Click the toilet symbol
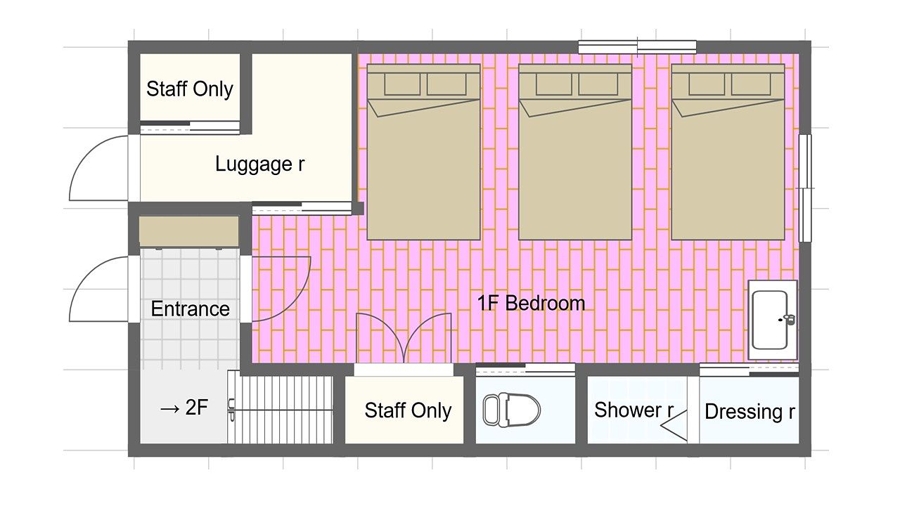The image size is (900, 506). tap(511, 410)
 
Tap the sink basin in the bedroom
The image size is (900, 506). tap(769, 320)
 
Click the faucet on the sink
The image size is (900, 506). tap(788, 319)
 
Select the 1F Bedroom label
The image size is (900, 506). tap(531, 303)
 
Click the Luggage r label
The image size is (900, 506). tap(260, 164)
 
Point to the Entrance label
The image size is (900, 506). tap(190, 309)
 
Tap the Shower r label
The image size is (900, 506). tap(634, 410)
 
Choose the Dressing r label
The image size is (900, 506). tap(750, 412)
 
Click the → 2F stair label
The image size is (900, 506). tap(184, 408)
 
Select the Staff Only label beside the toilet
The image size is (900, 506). tap(408, 410)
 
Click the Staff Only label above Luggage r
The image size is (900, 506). tap(190, 89)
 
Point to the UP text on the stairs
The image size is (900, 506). tap(231, 410)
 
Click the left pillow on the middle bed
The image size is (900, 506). tap(553, 84)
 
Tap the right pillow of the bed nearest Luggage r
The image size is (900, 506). tap(446, 84)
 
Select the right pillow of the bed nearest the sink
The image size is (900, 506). tap(751, 84)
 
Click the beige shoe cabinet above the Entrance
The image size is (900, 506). tap(189, 231)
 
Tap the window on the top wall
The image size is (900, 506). tap(637, 47)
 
